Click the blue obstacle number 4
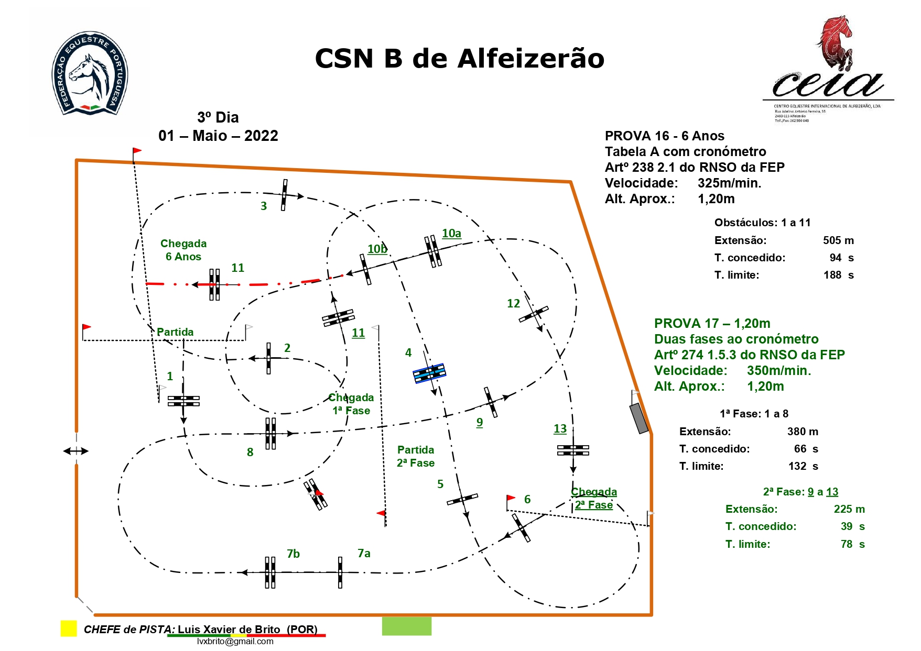[429, 373]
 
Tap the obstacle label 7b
[293, 554]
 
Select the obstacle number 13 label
[560, 428]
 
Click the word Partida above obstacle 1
[175, 332]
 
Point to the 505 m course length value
[838, 240]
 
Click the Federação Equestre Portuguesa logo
[90, 73]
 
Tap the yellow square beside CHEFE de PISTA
[69, 628]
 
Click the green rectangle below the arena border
[406, 626]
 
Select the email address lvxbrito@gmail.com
[235, 642]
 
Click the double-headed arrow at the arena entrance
[76, 451]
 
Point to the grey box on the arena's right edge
[639, 418]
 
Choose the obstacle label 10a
[451, 233]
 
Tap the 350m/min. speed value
[779, 371]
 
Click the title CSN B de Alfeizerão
[459, 58]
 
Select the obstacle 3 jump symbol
[284, 195]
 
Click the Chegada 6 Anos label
[183, 250]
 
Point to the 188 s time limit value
[838, 275]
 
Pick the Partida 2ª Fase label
[416, 456]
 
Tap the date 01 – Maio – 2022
[218, 136]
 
